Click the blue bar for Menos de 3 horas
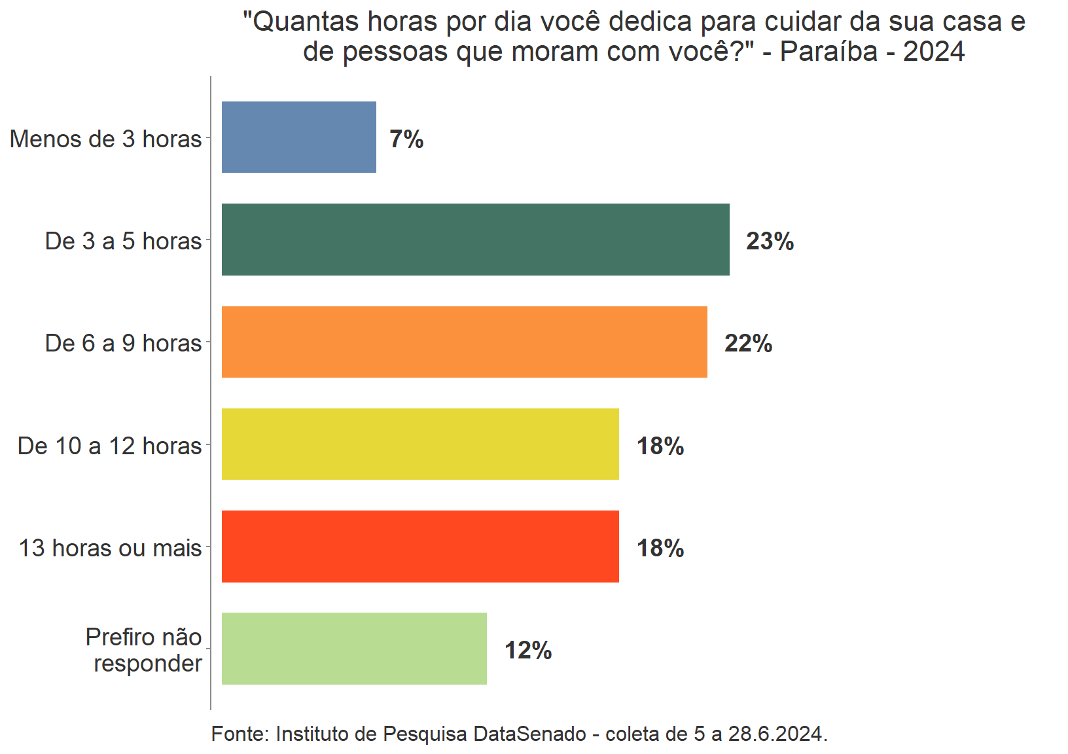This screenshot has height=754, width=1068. pos(298,137)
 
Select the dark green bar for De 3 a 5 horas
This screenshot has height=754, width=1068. pos(475,240)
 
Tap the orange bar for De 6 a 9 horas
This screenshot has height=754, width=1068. pos(464,342)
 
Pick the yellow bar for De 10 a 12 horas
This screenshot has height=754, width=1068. pos(420,444)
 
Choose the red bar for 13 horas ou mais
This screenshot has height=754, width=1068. pos(420,547)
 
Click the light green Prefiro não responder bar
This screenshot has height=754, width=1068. pos(354,649)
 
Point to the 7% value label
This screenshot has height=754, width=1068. pos(406,139)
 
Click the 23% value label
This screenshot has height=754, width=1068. pos(770,242)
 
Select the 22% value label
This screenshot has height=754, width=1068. pos(748,344)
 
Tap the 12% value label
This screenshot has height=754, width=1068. pos(527,651)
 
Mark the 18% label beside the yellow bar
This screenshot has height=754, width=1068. pos(660,446)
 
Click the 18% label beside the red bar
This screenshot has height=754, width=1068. pos(660,548)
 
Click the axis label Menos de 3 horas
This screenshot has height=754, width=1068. pos(106,139)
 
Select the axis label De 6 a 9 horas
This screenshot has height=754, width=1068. pos(123,344)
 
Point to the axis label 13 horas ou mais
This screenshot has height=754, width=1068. pos(110,548)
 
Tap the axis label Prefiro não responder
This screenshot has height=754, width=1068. pos(144,650)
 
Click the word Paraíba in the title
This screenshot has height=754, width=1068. pos(828,52)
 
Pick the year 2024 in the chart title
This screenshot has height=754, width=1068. pos(934,52)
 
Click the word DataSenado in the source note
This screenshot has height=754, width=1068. pos(529,734)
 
